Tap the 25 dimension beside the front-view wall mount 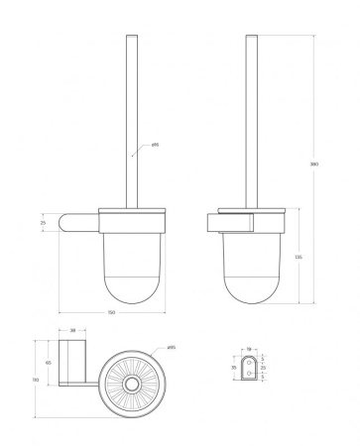pos(43,223)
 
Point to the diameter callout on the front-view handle pos(155,147)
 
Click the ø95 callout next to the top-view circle pos(172,347)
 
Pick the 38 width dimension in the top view pos(73,331)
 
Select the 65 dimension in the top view pos(49,364)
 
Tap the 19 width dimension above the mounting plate pos(250,349)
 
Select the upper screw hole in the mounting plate pos(250,361)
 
